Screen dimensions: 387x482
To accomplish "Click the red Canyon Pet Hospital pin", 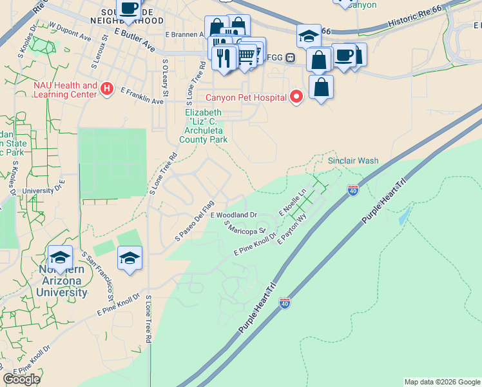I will coord(296,97).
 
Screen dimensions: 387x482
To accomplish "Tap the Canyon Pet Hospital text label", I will coord(246,98).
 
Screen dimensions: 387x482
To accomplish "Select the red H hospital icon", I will coord(108,89).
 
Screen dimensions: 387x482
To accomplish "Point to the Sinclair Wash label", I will coord(353,161).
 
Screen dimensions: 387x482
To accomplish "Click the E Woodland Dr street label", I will coord(233,215).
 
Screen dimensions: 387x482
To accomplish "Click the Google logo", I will coord(21,379).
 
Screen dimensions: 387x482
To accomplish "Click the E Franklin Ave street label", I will coord(142,96).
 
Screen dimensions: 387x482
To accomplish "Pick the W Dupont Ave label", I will coord(70,33).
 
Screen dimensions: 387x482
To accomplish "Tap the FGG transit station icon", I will coord(291,57).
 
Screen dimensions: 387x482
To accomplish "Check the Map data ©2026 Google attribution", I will coord(442,382).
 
